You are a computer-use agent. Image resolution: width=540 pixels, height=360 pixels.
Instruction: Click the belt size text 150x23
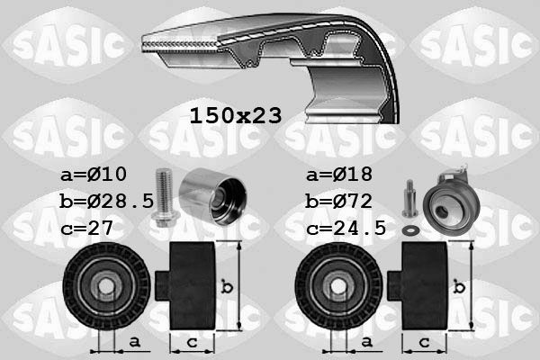(235, 116)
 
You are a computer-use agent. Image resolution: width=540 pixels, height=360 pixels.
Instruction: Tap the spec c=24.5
(346, 229)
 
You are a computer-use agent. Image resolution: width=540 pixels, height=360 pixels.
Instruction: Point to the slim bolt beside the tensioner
(409, 196)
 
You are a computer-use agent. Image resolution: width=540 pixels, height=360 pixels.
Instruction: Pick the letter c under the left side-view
(191, 343)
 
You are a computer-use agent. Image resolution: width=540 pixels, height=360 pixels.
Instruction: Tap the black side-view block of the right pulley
(423, 286)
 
